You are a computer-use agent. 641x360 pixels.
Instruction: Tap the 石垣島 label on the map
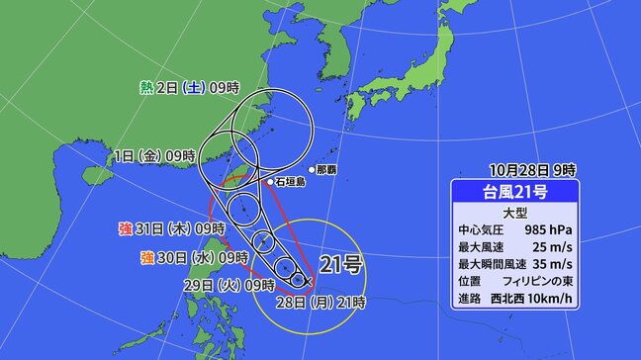293,182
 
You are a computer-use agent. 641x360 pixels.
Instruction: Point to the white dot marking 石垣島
270,182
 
